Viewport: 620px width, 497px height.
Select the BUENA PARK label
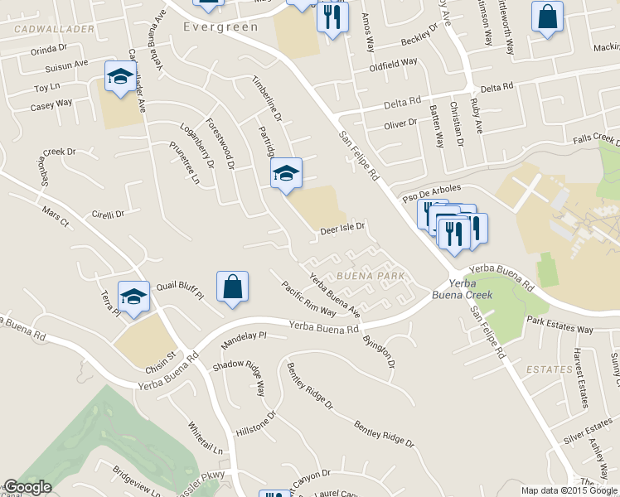[370, 276]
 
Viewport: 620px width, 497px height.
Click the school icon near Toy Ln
[121, 78]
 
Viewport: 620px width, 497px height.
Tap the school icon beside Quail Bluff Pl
[133, 296]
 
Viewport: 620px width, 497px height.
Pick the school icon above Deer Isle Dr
[286, 173]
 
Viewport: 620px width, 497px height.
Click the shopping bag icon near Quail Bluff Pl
[233, 287]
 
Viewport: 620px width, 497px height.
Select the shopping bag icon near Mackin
[547, 17]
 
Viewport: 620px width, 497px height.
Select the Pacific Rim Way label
[308, 300]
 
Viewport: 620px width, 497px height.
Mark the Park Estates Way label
[559, 325]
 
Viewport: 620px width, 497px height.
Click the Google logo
[27, 488]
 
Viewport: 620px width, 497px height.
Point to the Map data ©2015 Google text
[569, 490]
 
